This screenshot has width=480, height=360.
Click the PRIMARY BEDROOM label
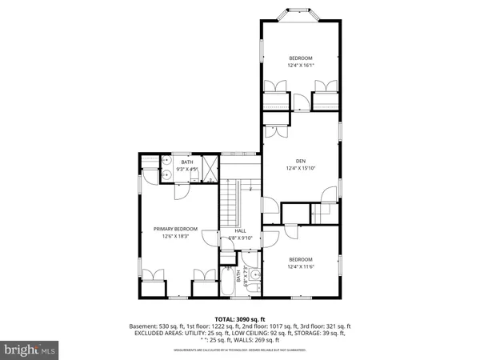click(x=175, y=229)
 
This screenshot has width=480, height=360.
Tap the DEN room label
click(x=301, y=161)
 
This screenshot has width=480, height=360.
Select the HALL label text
click(x=240, y=230)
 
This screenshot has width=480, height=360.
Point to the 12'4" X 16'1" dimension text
click(x=301, y=65)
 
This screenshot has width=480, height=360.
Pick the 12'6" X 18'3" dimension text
click(x=175, y=236)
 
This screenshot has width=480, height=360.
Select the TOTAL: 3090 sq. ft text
click(x=239, y=319)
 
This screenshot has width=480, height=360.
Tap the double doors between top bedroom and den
click(x=300, y=102)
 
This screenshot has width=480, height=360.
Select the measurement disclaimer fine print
click(x=239, y=350)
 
